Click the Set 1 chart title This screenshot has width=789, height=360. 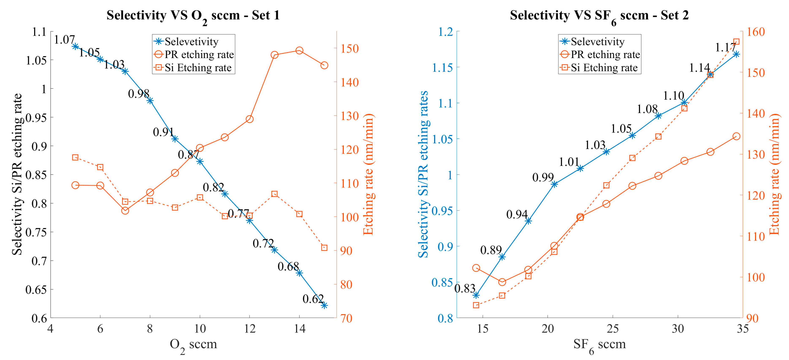pyautogui.click(x=193, y=15)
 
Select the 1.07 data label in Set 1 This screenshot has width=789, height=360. pyautogui.click(x=64, y=39)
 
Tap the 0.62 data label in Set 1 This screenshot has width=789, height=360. pyautogui.click(x=313, y=299)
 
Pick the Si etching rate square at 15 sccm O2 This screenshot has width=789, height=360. pyautogui.click(x=324, y=248)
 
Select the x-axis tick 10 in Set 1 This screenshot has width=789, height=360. pyautogui.click(x=200, y=329)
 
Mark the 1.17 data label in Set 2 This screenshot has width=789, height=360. pyautogui.click(x=725, y=47)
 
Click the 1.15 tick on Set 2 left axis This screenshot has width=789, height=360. pyautogui.click(x=442, y=67)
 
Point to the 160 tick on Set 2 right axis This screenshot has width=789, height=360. pyautogui.click(x=756, y=32)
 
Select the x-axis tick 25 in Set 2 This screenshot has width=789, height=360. pyautogui.click(x=613, y=329)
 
